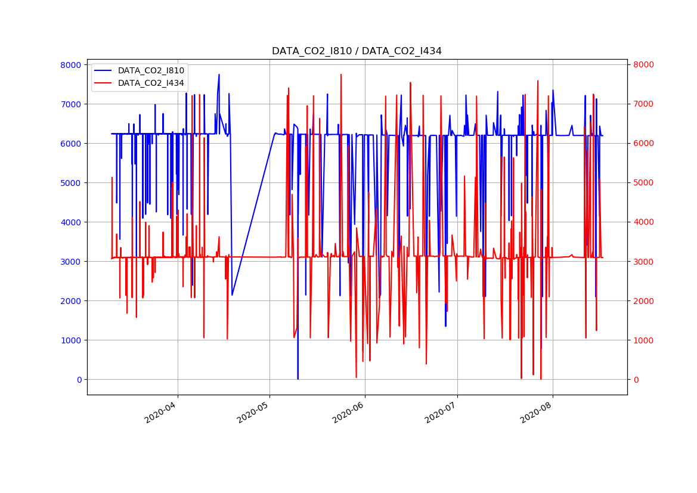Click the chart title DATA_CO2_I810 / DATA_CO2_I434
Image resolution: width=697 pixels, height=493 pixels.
click(x=357, y=51)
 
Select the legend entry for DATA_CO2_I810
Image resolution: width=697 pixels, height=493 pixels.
click(x=151, y=70)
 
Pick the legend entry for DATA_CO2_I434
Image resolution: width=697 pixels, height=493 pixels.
click(x=151, y=83)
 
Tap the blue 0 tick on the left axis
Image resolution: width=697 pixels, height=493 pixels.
click(x=79, y=380)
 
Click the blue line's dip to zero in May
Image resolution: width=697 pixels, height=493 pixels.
click(x=298, y=379)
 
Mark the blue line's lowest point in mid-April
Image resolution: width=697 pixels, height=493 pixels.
click(x=232, y=295)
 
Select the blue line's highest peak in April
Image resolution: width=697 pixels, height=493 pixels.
click(x=219, y=75)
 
